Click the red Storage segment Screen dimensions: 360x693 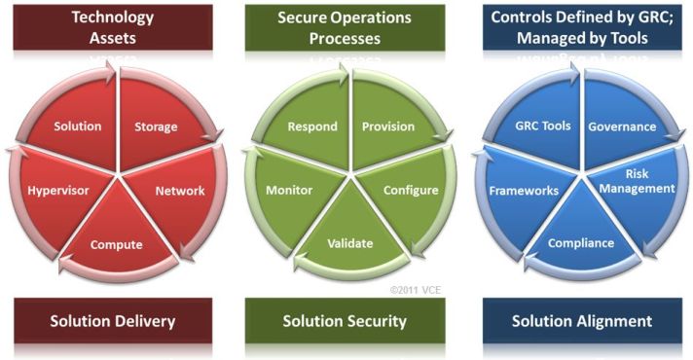156,127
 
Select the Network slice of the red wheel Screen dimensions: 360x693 179,191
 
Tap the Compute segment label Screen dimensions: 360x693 117,243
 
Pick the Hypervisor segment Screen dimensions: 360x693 57,191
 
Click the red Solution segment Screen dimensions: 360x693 78,127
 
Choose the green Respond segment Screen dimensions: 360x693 312,126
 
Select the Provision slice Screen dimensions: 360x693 387,126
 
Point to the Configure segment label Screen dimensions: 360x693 411,190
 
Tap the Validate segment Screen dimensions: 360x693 349,243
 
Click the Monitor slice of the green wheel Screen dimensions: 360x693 289,191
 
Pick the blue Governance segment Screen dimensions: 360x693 622,126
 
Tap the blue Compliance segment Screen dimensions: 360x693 580,243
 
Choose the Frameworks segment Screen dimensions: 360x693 523,191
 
